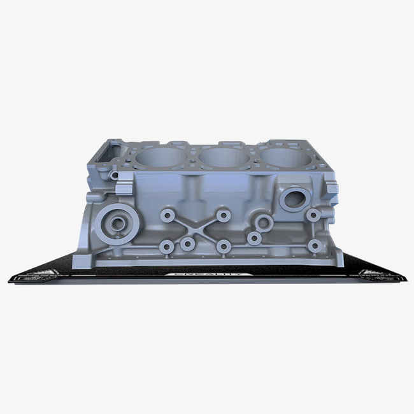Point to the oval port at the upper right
point(295,197)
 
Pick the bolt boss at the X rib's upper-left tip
point(168,216)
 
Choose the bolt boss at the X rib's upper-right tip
point(223,216)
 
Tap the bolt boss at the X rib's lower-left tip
point(167,246)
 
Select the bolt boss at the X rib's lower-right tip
point(223,245)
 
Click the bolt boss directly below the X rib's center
point(187,244)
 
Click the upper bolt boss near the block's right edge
point(313,215)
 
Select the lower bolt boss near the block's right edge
point(313,245)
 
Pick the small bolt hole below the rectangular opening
point(114,174)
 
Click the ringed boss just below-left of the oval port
point(263,223)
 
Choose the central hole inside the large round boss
point(117,224)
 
